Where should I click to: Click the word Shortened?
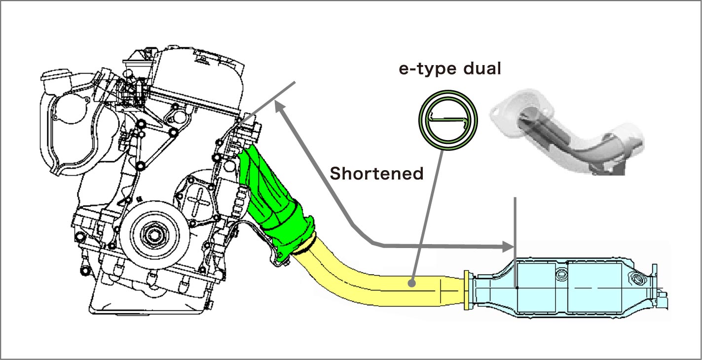pyautogui.click(x=376, y=173)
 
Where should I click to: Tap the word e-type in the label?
pyautogui.click(x=426, y=69)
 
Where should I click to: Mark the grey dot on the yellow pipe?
pyautogui.click(x=411, y=284)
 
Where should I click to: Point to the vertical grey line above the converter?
pyautogui.click(x=516, y=222)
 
